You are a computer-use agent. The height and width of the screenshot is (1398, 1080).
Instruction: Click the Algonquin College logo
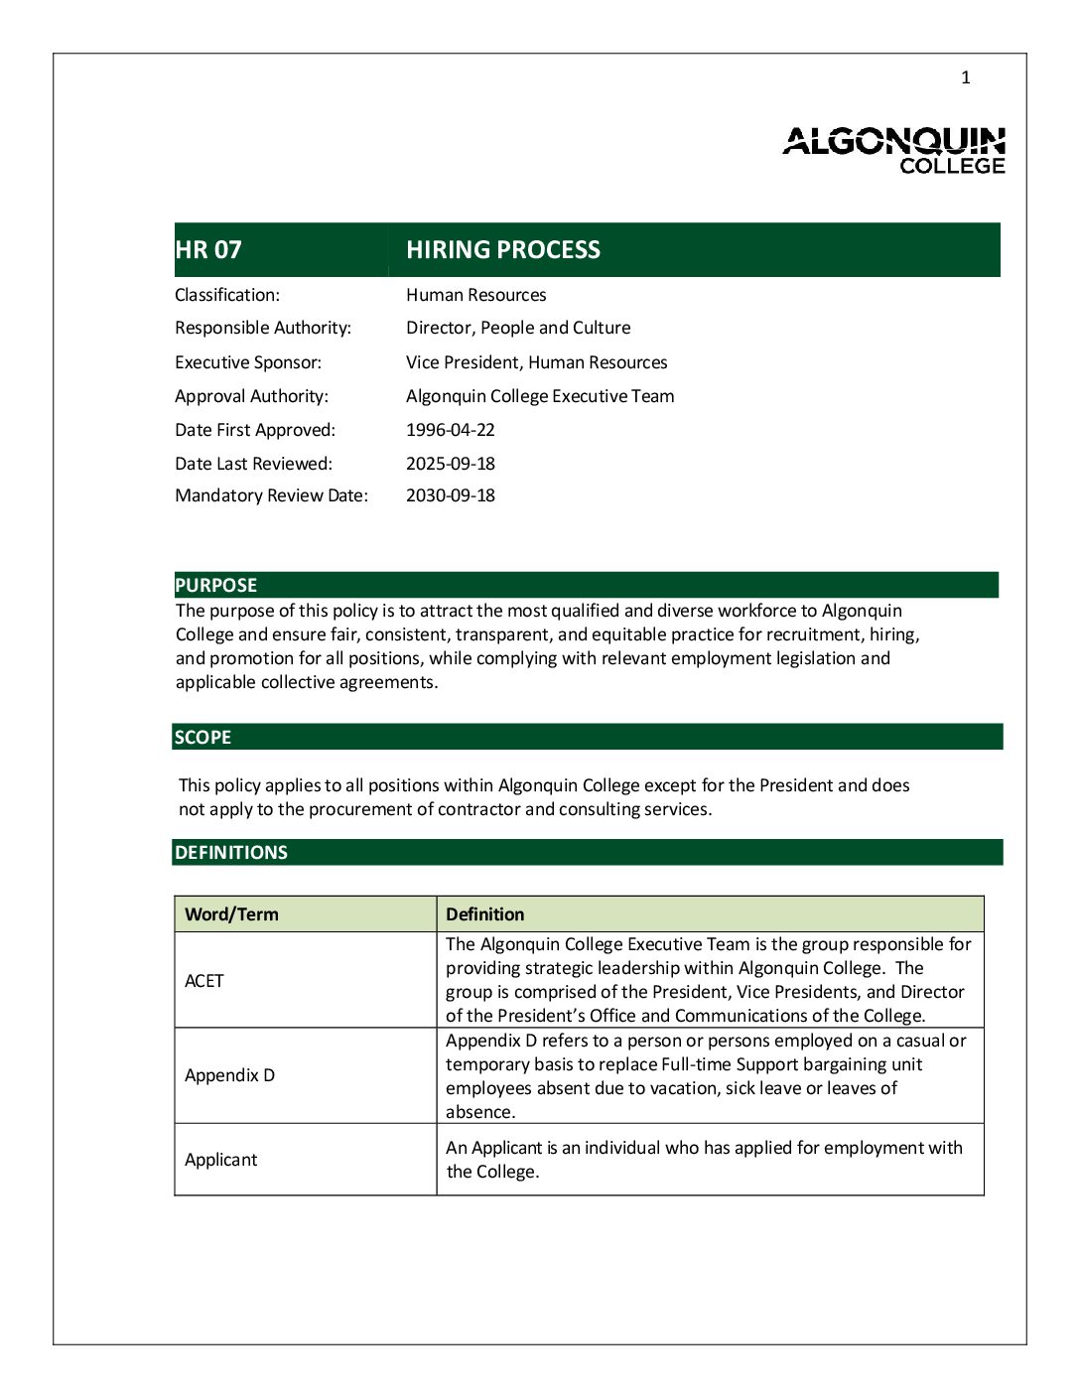point(893,150)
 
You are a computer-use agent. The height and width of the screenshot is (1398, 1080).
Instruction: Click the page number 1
point(965,77)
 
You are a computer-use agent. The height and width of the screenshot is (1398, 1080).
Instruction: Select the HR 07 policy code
point(208,249)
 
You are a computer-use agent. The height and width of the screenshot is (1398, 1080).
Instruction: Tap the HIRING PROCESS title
point(502,249)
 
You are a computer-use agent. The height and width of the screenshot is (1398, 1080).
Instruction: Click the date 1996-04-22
point(450,430)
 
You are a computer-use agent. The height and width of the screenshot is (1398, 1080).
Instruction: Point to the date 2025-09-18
point(450,464)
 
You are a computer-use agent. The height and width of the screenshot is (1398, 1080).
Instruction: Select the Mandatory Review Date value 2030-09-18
point(450,495)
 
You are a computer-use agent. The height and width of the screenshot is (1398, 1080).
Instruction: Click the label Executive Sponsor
point(248,362)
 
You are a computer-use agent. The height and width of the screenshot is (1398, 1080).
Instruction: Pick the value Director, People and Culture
point(518,328)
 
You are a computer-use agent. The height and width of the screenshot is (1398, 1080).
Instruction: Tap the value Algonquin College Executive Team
point(540,396)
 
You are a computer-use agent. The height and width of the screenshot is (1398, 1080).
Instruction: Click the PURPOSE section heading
point(216,585)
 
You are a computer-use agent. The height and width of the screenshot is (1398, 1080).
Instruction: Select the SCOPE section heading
point(203,737)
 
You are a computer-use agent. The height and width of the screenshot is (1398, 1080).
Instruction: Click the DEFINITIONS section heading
point(231,852)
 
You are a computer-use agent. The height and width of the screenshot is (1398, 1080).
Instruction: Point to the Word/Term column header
point(231,914)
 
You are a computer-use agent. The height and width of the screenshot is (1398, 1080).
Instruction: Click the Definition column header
point(484,914)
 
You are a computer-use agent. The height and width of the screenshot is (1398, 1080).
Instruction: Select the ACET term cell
point(204,981)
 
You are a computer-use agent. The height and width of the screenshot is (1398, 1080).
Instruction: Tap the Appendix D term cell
point(229,1075)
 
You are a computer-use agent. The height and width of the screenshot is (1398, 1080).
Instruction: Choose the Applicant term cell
point(220,1160)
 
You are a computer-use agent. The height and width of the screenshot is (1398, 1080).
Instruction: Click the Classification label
point(227,295)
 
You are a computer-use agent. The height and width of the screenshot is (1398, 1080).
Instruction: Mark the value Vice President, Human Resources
point(536,362)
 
